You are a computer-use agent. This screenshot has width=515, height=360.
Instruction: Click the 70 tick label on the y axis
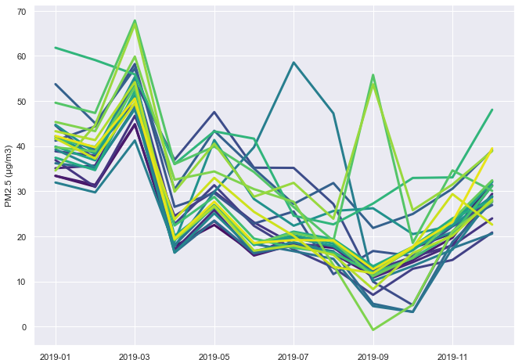point(21,12)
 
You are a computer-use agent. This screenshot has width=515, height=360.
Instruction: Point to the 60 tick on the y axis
point(21,56)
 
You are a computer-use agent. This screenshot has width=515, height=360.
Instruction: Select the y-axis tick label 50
point(21,102)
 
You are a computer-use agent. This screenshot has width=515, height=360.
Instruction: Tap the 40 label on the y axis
point(21,147)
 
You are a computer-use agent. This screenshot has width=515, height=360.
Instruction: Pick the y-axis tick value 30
point(21,192)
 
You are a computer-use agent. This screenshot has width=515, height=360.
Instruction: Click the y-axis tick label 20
point(21,237)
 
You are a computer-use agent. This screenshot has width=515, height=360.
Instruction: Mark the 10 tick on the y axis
point(21,282)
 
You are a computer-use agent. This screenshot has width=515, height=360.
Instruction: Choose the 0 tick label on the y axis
point(24,327)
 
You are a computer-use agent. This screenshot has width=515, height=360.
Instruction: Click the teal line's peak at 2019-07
point(294,63)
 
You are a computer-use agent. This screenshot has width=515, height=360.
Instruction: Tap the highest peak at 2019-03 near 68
point(135,21)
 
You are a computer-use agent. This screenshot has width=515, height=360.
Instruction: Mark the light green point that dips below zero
point(373,330)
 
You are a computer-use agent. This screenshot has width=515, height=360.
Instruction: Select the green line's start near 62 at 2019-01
point(56,48)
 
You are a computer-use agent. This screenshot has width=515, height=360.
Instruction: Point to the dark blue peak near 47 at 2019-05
point(214,112)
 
